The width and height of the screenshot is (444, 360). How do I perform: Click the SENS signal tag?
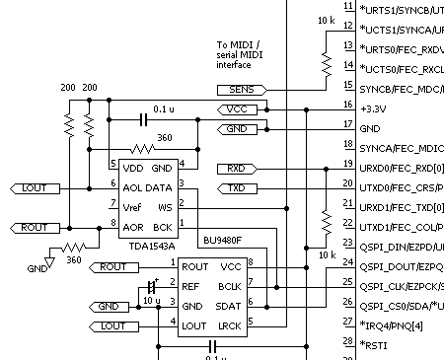[234, 89]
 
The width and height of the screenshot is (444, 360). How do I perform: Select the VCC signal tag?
[234, 108]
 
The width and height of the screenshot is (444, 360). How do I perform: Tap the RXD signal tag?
[234, 168]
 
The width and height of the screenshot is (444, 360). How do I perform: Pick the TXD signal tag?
[234, 187]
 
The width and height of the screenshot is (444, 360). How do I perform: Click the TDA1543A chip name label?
[146, 246]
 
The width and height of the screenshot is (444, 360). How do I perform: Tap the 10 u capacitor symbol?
[150, 286]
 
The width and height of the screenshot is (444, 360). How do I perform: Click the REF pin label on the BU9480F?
[193, 286]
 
